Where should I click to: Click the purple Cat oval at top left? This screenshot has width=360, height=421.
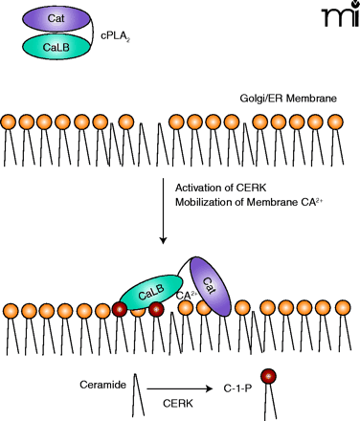tap(56, 18)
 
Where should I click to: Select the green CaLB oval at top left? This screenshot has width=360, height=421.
tap(56, 47)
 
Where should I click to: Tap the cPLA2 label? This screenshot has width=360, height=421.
tap(115, 36)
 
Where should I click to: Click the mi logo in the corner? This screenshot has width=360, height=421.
tap(340, 14)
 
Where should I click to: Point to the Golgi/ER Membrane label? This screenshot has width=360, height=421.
tap(288, 98)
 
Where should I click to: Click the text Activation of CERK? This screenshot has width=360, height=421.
tap(220, 188)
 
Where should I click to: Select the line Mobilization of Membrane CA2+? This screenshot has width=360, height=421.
tap(249, 202)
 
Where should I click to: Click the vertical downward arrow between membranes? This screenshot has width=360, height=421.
tap(163, 210)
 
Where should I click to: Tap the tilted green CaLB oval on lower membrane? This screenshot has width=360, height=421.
tap(151, 292)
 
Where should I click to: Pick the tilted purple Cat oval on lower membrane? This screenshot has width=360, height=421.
tap(210, 286)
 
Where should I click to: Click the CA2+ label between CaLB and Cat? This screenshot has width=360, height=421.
tap(187, 295)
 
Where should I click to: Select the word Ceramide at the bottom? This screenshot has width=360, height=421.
tap(102, 385)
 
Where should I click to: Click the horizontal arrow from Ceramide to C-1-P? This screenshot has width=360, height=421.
tap(180, 388)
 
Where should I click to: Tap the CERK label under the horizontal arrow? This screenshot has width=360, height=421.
tap(178, 404)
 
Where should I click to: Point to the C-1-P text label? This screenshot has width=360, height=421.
tap(237, 388)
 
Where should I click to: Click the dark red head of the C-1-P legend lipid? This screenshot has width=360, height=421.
tap(268, 376)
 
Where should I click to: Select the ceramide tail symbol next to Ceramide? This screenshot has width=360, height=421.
tap(138, 395)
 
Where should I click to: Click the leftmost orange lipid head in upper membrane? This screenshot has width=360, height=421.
tap(9, 122)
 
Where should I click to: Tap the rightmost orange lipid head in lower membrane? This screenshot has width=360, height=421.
tap(343, 308)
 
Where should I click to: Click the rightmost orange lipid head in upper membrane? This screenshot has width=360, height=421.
tap(335, 122)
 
